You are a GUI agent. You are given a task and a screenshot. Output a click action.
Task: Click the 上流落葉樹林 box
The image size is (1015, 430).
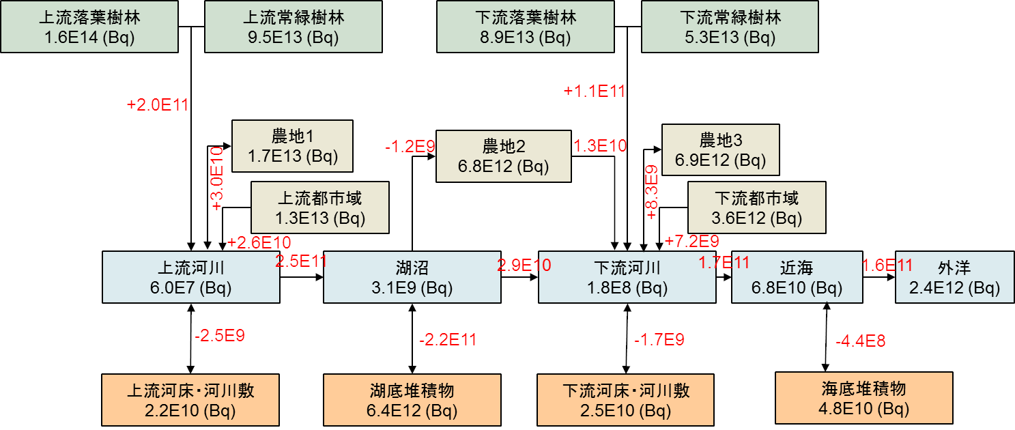pos(89,26)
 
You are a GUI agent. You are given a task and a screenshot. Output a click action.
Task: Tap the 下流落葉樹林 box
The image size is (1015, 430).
pos(525,26)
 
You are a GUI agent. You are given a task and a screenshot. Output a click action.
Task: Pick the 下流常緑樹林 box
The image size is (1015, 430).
pos(730,26)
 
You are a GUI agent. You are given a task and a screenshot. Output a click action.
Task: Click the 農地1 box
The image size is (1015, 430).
pos(292,146)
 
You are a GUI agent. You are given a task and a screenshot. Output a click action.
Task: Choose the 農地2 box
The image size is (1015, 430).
pos(503,156)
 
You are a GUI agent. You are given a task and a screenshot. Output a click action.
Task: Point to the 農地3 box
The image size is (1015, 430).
pos(720,149)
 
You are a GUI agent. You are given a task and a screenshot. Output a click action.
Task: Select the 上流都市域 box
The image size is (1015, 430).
pos(319,207)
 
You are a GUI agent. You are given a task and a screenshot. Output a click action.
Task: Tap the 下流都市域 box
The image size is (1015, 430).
pos(756,207)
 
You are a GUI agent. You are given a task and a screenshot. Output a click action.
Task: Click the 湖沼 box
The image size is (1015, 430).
pos(412,277)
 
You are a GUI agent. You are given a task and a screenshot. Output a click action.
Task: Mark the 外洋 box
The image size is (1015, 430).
pos(954,277)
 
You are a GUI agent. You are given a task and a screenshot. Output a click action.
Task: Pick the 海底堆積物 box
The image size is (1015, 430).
pos(863,398)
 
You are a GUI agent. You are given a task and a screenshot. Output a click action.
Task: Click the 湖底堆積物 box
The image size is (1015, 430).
pos(412,400)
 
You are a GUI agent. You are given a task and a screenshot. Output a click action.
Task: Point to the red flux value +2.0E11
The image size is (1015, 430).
pos(158,105)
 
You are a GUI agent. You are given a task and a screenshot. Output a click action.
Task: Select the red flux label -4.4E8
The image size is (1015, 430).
pos(860,341)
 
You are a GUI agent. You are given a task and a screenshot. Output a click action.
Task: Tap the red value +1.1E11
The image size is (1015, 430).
pos(595,91)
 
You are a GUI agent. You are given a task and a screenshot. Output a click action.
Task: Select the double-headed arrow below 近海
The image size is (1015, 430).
pos(827,337)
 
